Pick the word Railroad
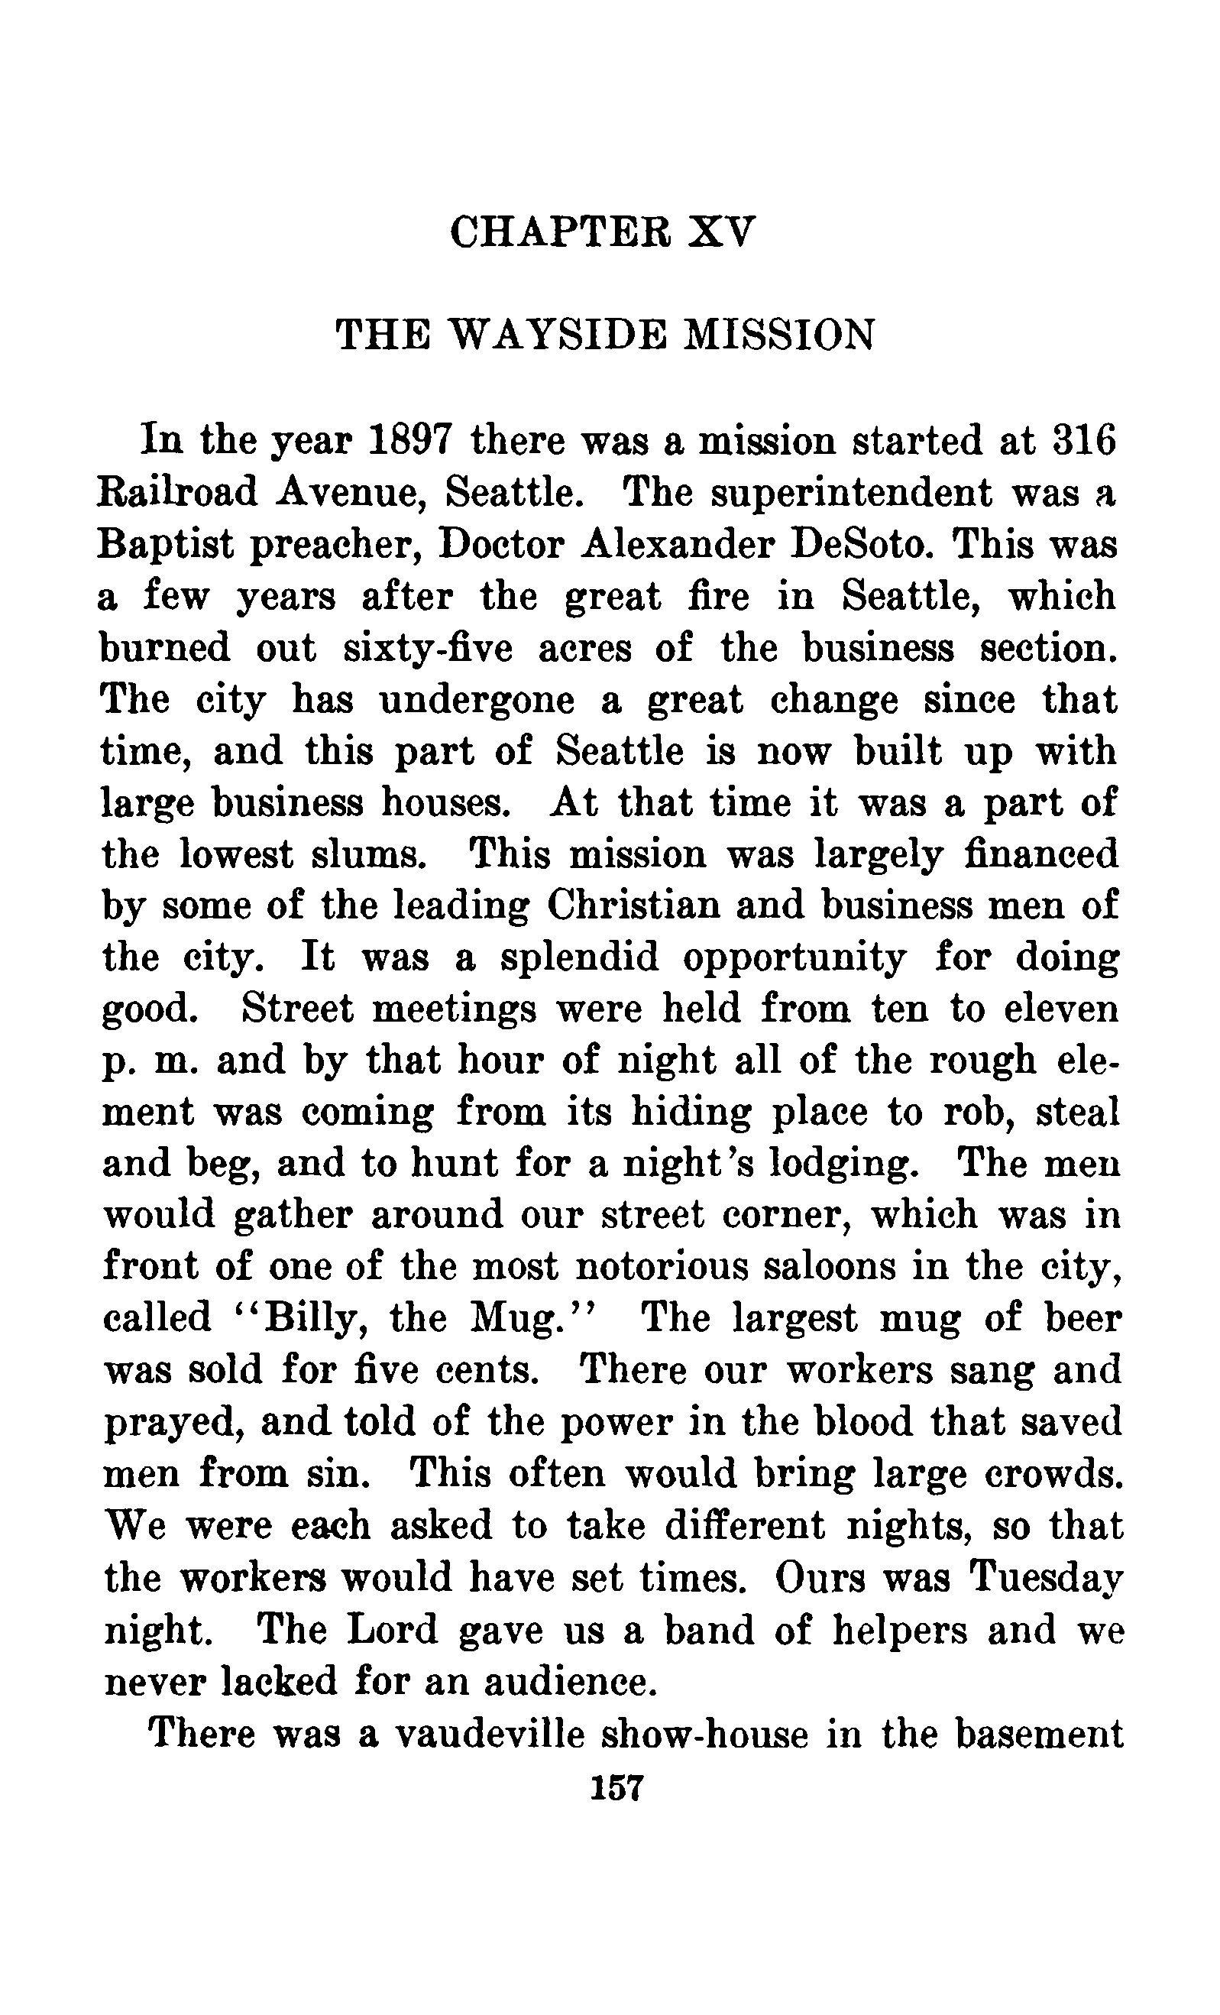click(177, 492)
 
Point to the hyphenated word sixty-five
click(428, 649)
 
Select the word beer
click(1081, 1318)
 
